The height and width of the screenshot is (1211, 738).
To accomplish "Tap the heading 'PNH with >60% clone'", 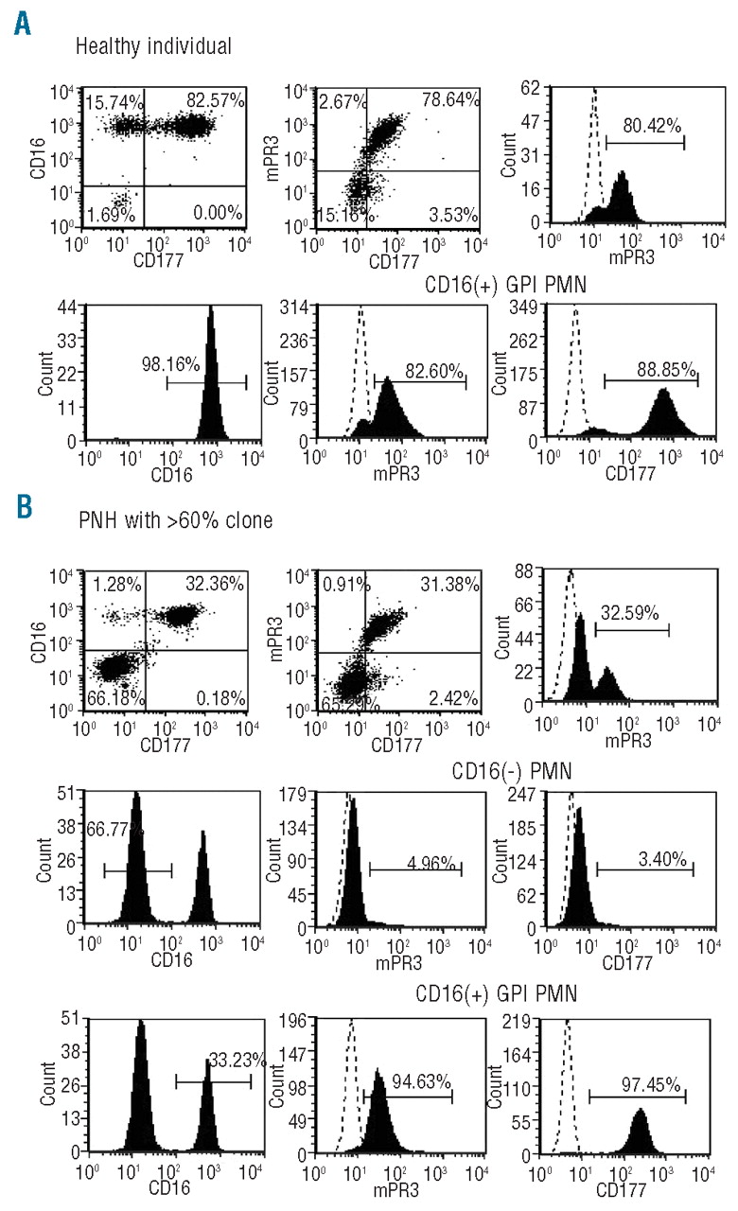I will (171, 546).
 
